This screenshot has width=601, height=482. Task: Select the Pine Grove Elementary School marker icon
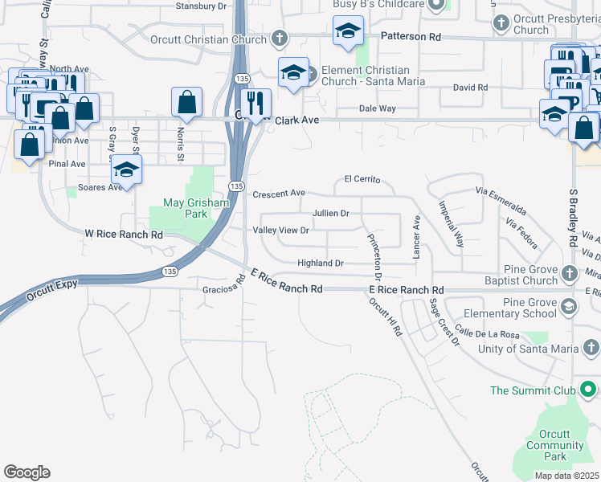click(x=569, y=307)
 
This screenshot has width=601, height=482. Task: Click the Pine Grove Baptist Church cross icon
click(x=569, y=273)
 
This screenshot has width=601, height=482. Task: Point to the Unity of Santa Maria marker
click(x=591, y=348)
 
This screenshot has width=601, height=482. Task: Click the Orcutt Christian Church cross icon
click(x=279, y=38)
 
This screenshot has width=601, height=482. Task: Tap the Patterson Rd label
click(x=411, y=37)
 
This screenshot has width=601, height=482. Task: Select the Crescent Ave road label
click(x=279, y=194)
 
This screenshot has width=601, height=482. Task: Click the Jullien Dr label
click(x=330, y=214)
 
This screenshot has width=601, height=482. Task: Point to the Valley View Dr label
click(x=281, y=231)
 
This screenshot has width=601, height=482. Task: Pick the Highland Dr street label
click(x=321, y=263)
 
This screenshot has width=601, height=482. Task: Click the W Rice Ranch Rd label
click(x=125, y=235)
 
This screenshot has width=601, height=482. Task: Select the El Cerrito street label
click(x=362, y=179)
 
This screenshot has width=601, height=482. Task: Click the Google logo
click(x=27, y=472)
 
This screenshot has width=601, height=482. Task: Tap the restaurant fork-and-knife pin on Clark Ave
click(x=256, y=102)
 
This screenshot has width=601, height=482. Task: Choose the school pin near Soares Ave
click(x=126, y=170)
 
